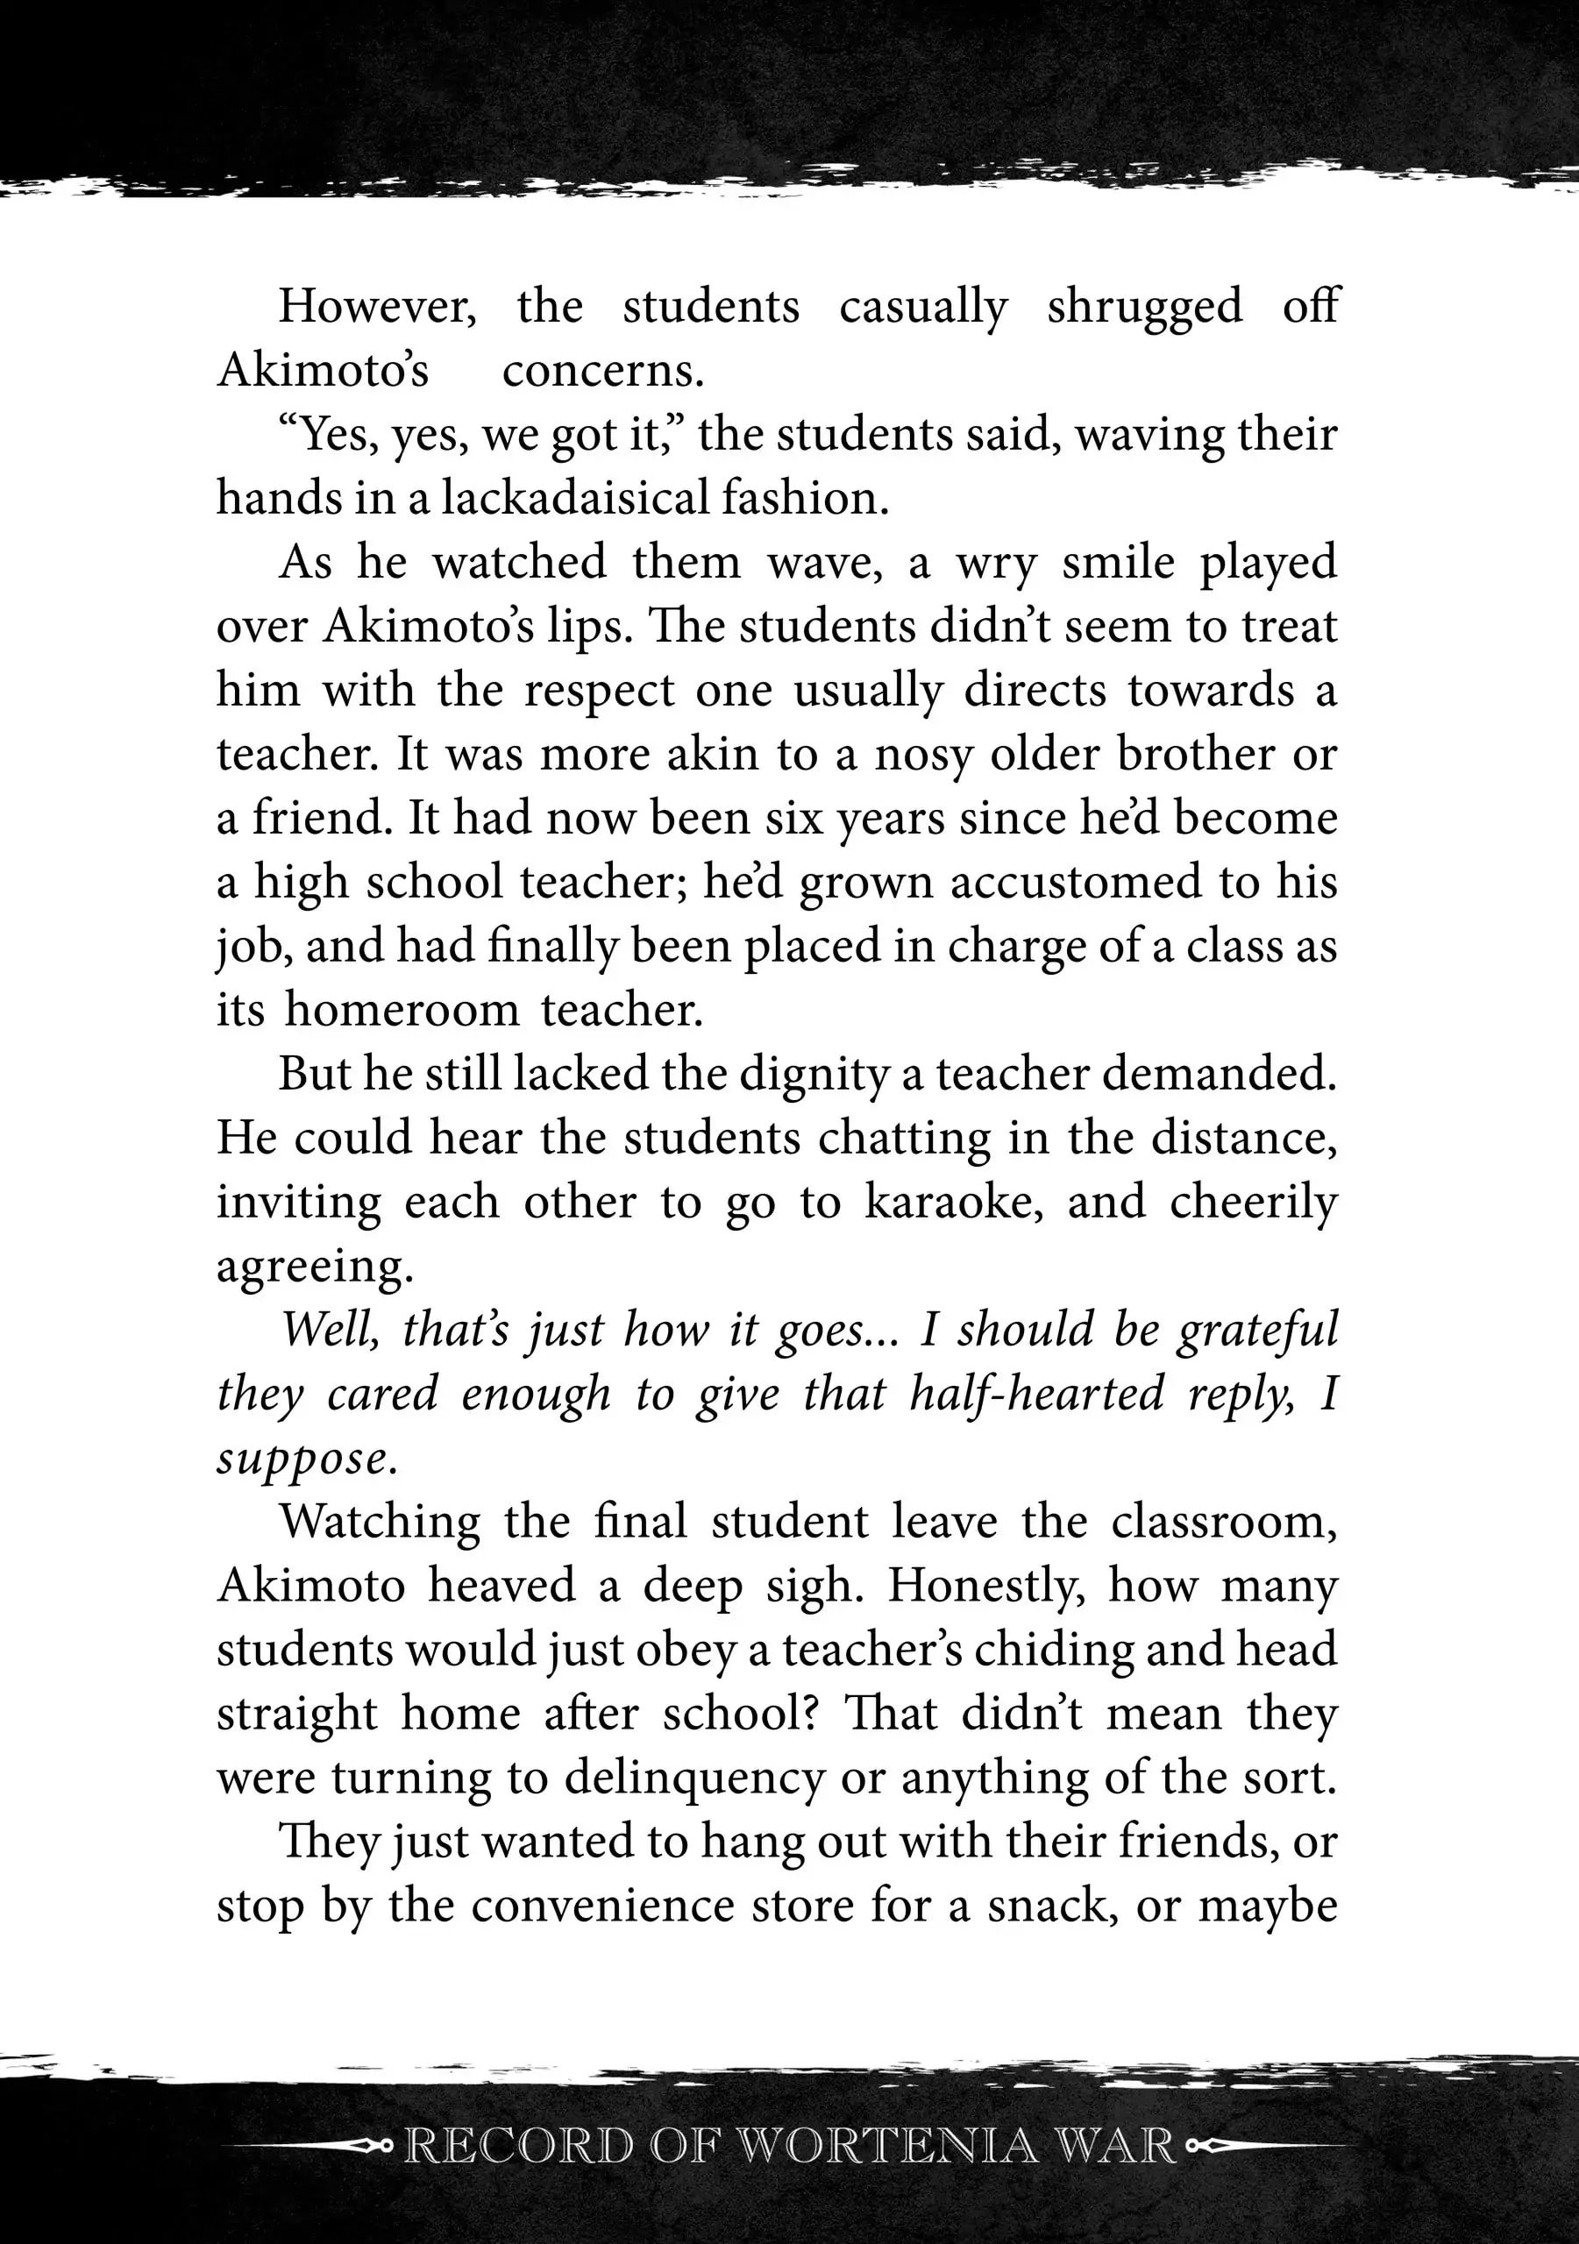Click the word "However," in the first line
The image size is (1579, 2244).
pos(377,307)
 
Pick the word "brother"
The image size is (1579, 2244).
pos(1194,755)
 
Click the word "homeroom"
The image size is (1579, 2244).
pos(402,1010)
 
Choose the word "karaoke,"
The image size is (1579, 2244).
pos(952,1202)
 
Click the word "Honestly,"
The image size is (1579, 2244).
pos(985,1587)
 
